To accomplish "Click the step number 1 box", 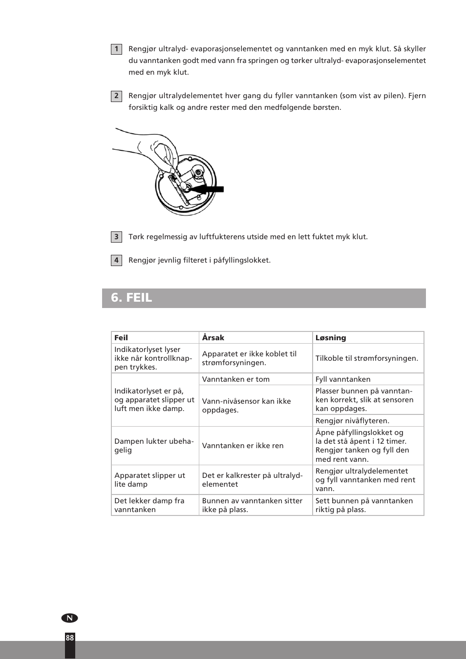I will point(116,49).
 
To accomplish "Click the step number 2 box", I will point(116,96).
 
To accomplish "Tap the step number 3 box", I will point(116,237).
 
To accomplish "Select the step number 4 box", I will point(116,260).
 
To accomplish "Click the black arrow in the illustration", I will point(207,189).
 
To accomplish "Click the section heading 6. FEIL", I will point(131,298).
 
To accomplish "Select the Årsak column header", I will point(213,337).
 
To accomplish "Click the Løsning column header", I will point(331,337).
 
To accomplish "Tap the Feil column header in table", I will point(121,337).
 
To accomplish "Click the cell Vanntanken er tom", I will point(236,379).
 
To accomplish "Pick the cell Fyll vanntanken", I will point(343,379).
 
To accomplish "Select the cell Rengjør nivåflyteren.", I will point(352,421).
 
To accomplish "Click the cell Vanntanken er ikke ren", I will point(243,446).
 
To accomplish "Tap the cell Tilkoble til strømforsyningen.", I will point(367,358).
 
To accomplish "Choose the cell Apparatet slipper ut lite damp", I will point(149,480).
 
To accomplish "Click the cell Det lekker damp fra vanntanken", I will point(149,505).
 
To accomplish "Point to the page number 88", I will point(70,638).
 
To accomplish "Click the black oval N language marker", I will point(69,618).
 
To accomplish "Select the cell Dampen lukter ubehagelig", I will point(153,446).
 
